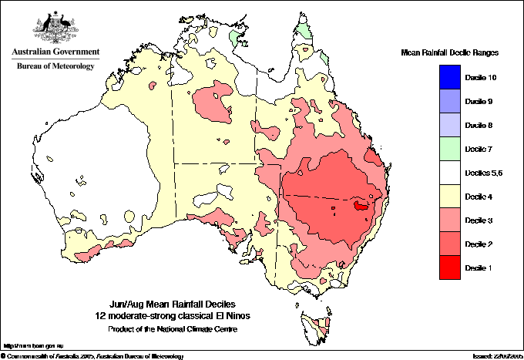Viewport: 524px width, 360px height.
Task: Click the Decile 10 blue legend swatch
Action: (452, 78)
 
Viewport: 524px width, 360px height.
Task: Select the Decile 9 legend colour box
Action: (452, 102)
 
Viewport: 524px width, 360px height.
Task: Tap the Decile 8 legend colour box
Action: (452, 125)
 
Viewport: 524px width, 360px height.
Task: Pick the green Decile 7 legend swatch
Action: (452, 149)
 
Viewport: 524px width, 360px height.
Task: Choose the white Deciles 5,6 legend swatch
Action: (452, 173)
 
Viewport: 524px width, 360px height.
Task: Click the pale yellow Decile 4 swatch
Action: (452, 196)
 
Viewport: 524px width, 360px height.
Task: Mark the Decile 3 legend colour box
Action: (452, 220)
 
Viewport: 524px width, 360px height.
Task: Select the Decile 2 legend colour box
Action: (452, 244)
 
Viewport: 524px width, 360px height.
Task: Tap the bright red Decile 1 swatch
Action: (452, 267)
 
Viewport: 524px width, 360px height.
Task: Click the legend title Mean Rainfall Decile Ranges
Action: (450, 52)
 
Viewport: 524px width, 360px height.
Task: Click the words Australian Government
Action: (55, 52)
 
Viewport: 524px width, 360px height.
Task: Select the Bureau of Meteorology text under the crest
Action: (55, 66)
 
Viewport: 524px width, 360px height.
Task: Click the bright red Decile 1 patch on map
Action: (360, 206)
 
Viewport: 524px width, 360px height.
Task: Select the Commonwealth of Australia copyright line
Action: (92, 355)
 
